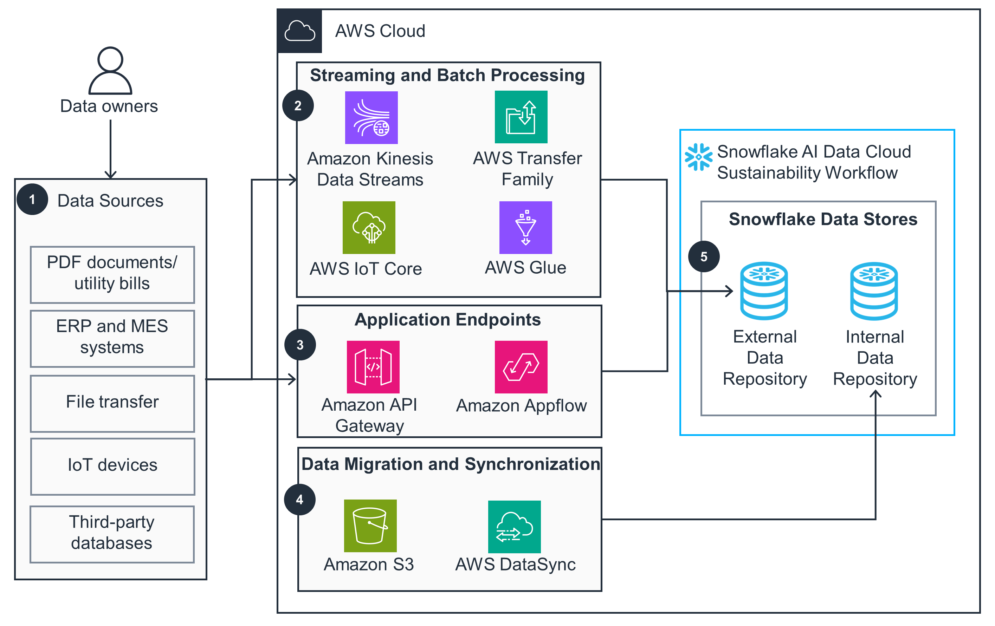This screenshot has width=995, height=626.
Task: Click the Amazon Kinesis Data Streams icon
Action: click(x=371, y=118)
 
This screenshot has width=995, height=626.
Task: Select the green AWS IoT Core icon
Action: click(x=369, y=228)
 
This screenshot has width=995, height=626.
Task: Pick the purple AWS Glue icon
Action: click(x=525, y=228)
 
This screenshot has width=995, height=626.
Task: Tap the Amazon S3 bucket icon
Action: click(x=370, y=526)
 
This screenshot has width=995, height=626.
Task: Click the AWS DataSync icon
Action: click(x=514, y=527)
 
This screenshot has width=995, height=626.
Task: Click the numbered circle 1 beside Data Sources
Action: click(x=32, y=200)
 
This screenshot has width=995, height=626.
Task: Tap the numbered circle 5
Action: click(x=704, y=256)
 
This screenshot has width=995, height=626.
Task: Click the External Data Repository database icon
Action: click(x=764, y=291)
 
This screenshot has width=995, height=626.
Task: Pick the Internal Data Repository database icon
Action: click(x=874, y=291)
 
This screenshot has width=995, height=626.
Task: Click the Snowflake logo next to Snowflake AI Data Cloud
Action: click(x=698, y=157)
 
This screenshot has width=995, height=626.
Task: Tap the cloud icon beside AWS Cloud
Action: click(x=299, y=31)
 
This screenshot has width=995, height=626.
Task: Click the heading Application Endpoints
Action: click(x=447, y=320)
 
